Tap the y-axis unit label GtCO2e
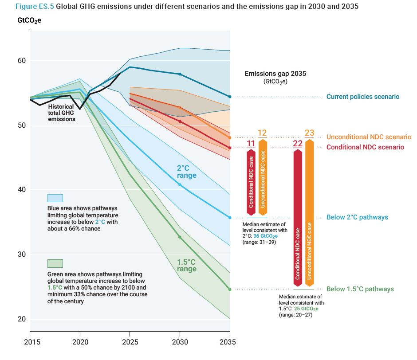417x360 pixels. pos(29,21)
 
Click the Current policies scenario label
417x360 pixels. pos(362,97)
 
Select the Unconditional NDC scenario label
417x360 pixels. pos(369,137)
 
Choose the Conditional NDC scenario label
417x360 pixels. pos(365,147)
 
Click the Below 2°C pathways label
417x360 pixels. pos(357,217)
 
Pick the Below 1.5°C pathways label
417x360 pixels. pos(360,289)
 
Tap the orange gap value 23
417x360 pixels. pos(310,133)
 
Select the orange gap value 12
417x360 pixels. pos(262,133)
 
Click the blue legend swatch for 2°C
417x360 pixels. pos(55,198)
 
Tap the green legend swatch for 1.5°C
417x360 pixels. pos(55,263)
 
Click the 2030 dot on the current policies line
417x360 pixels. pos(180,74)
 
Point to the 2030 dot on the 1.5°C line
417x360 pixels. pos(180,237)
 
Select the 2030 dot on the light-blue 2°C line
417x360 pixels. pos(180,184)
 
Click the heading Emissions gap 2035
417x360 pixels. pos(275,74)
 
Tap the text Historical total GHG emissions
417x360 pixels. pos(62,113)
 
